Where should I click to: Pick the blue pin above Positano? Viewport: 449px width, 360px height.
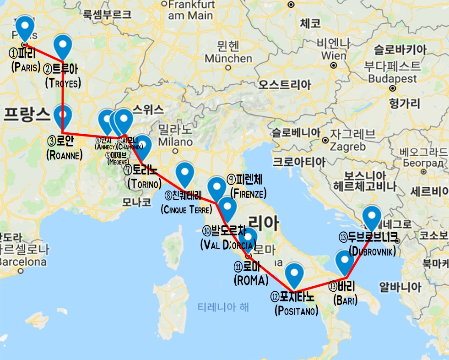294,273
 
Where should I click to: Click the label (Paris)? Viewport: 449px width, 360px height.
26,67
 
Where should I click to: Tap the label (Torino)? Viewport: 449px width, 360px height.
145,184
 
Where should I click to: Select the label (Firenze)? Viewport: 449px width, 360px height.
248,193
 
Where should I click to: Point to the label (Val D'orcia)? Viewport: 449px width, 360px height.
227,245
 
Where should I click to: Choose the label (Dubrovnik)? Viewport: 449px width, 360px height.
372,251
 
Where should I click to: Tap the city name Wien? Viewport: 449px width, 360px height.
334,55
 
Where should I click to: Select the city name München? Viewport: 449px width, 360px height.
228,59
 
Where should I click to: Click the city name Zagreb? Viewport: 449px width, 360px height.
348,147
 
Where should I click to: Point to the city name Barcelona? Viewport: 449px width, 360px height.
23,262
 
